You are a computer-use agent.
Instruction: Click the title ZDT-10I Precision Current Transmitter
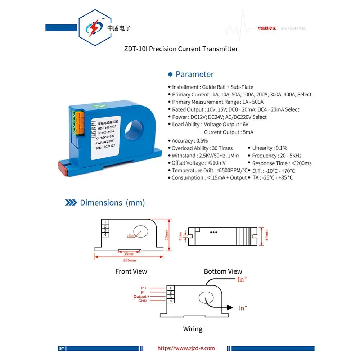(x=181, y=49)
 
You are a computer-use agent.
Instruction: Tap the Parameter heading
(x=194, y=75)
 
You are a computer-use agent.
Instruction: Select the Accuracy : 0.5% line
(x=190, y=141)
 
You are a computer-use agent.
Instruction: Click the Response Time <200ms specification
(x=279, y=163)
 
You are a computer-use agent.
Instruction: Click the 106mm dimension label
(x=130, y=260)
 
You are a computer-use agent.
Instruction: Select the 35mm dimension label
(x=129, y=253)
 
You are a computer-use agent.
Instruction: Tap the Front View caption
(x=131, y=271)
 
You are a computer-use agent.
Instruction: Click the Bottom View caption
(x=223, y=271)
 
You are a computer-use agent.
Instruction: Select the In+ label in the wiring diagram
(x=243, y=279)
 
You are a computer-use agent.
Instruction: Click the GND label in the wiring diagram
(x=143, y=301)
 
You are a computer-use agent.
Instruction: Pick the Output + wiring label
(x=140, y=297)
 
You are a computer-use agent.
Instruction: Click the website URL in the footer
(x=186, y=348)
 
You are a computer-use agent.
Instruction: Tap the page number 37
(x=62, y=348)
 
